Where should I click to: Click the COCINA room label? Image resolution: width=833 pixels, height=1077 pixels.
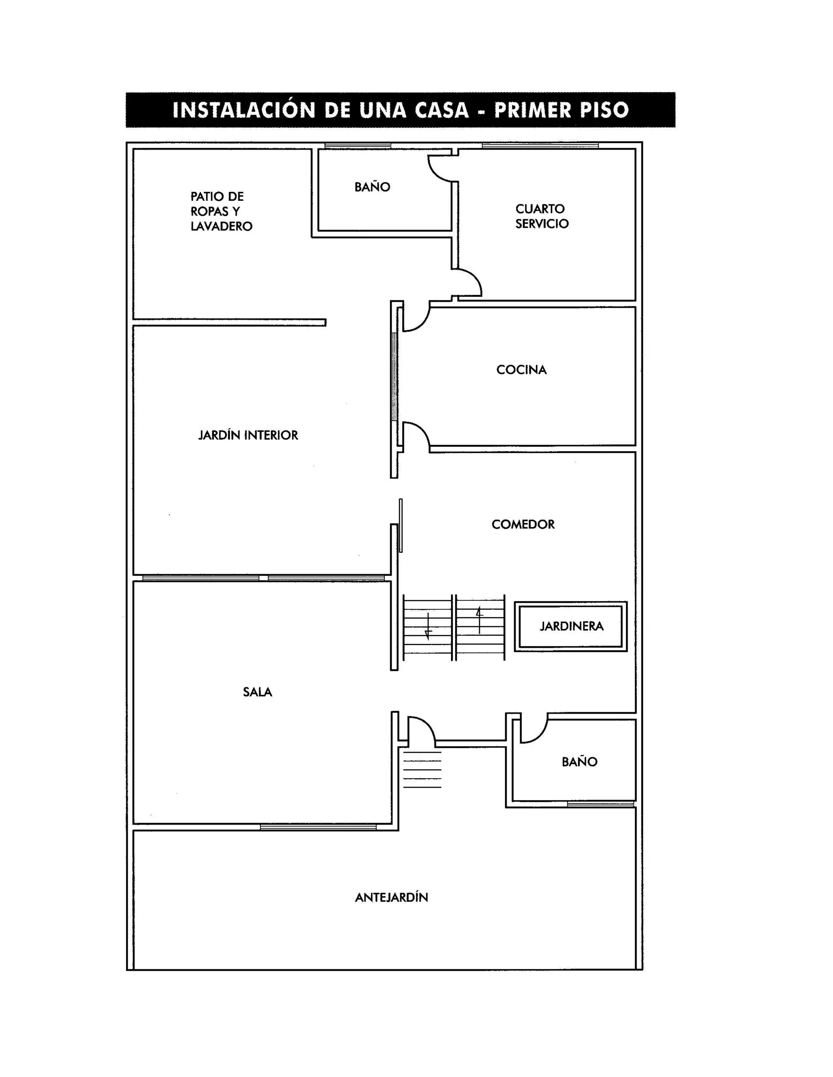tap(521, 370)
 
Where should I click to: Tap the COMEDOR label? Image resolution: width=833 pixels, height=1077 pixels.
tap(523, 524)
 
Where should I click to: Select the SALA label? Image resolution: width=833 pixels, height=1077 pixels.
tap(257, 692)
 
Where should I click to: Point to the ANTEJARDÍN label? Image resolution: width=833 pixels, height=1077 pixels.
tap(391, 897)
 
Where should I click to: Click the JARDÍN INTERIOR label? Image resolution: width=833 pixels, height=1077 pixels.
tap(248, 435)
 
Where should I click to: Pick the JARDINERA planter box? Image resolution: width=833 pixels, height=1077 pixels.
tap(571, 626)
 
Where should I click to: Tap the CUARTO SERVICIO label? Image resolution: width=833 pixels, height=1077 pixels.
tap(542, 216)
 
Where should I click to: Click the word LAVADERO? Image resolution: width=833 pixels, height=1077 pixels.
tap(222, 226)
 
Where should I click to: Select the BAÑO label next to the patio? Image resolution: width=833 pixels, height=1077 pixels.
tap(372, 187)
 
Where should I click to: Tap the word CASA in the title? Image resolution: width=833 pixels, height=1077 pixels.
tap(441, 110)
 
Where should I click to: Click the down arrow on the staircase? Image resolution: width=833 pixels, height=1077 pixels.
tap(428, 626)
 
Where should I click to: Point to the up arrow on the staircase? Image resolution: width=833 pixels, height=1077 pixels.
tap(479, 620)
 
